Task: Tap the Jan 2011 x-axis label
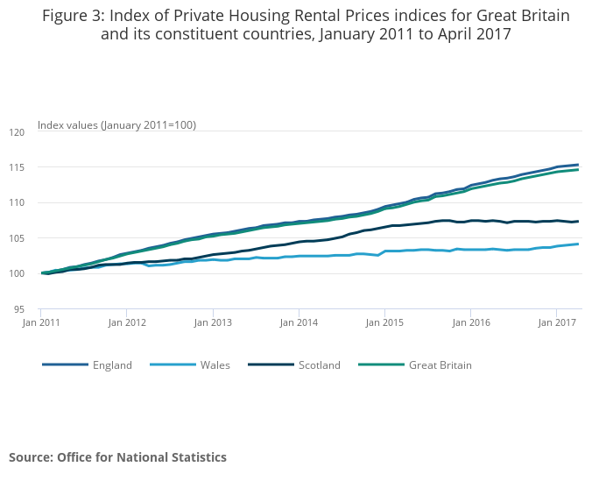pyautogui.click(x=40, y=322)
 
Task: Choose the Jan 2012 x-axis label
pyautogui.click(x=126, y=322)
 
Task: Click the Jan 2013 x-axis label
pyautogui.click(x=213, y=322)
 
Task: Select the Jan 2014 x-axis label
pyautogui.click(x=299, y=322)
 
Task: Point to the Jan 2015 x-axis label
pyautogui.click(x=384, y=322)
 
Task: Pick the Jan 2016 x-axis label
pyautogui.click(x=470, y=322)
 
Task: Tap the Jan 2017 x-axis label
pyautogui.click(x=557, y=322)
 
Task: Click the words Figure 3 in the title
pyautogui.click(x=75, y=16)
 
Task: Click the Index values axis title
pyautogui.click(x=116, y=125)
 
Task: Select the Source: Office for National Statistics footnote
pyautogui.click(x=117, y=457)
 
